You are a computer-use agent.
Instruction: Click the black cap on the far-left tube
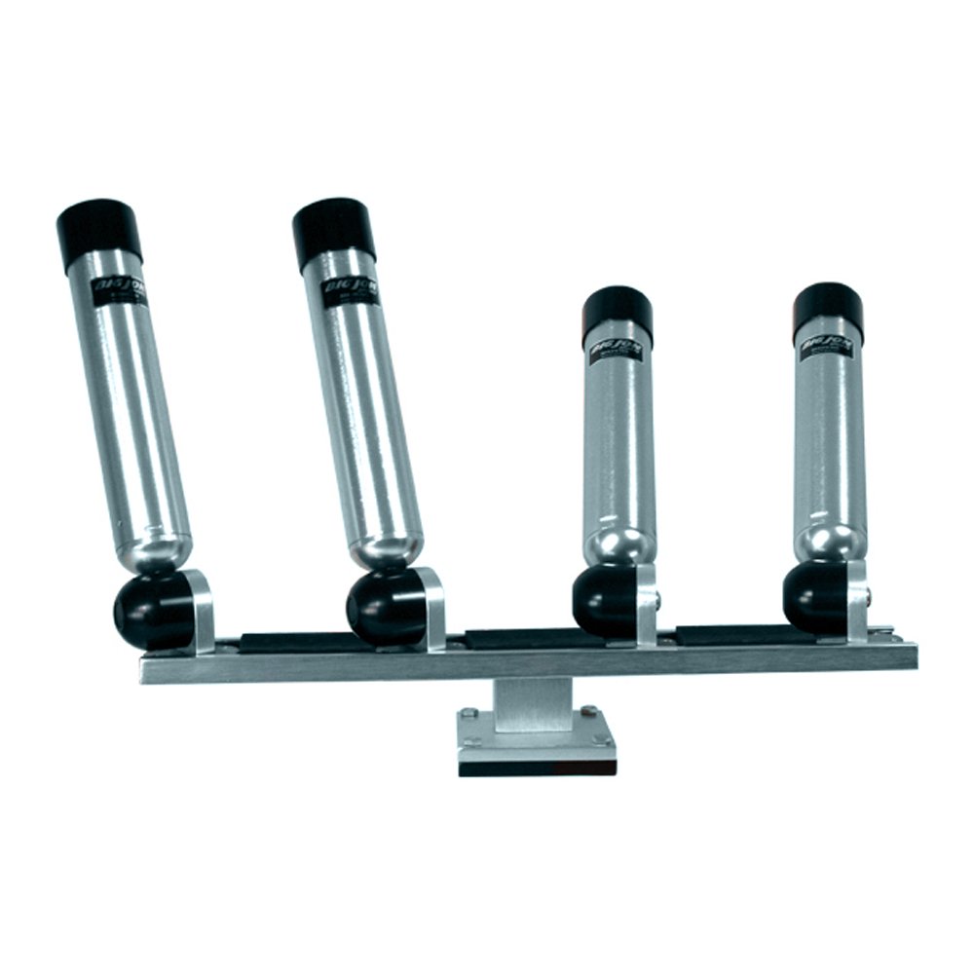[99, 230]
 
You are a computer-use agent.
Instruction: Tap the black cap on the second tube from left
[334, 230]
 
